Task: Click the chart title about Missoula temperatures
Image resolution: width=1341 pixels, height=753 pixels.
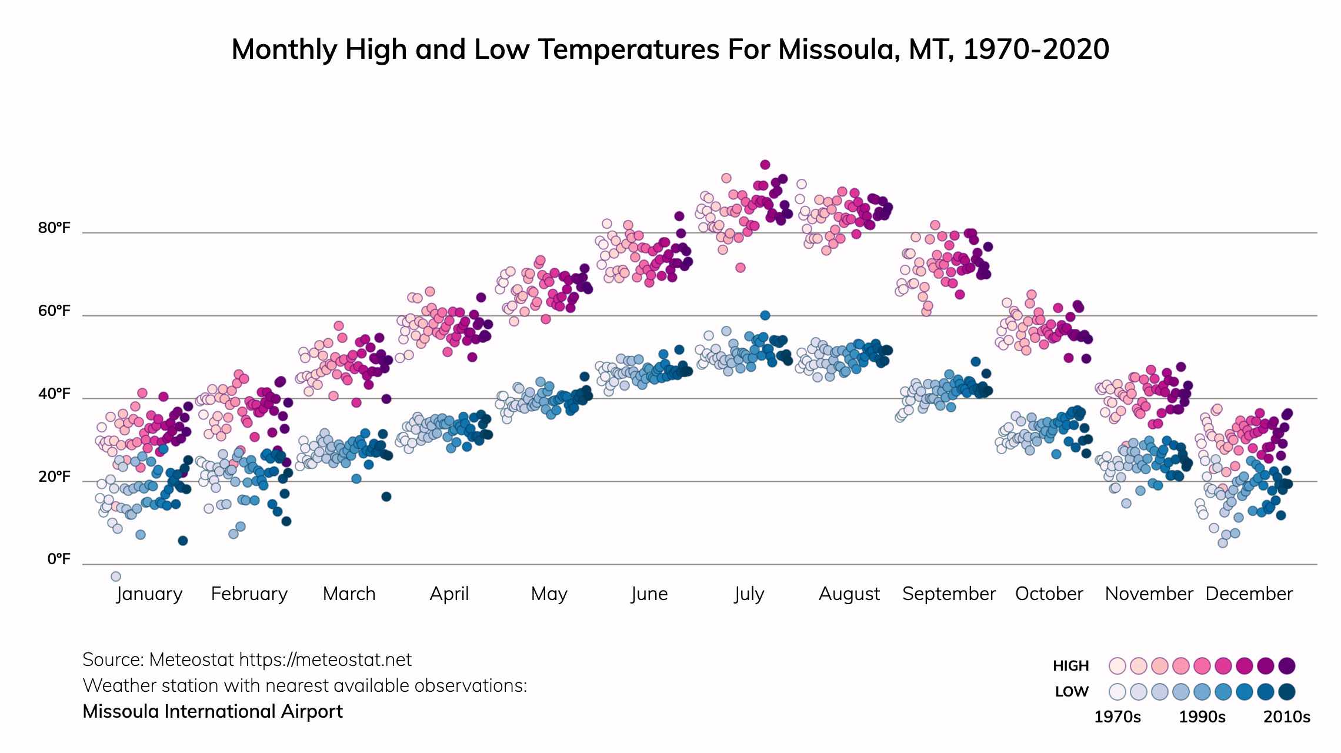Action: click(670, 49)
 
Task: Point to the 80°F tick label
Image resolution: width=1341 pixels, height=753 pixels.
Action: click(54, 228)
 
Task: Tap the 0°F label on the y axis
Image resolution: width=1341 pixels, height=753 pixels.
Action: click(59, 559)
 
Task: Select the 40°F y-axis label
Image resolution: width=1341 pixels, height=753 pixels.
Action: click(54, 394)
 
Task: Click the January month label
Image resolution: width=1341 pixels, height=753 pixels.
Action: click(149, 594)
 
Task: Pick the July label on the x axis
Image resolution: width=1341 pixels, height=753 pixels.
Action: click(749, 594)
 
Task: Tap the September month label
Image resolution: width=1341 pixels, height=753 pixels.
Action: click(949, 594)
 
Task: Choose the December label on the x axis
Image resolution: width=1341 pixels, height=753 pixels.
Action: click(1249, 594)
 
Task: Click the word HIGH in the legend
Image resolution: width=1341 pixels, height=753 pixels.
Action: click(1070, 666)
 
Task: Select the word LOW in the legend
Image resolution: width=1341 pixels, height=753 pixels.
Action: click(1072, 692)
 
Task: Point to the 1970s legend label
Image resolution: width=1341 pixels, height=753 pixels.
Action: click(1117, 717)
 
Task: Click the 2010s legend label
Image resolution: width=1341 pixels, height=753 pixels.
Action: click(1287, 717)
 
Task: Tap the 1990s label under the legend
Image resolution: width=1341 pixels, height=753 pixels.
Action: click(1202, 717)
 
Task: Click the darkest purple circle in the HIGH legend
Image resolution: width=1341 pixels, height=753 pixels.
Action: click(1287, 666)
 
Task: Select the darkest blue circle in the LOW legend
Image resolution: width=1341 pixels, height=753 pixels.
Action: click(1287, 692)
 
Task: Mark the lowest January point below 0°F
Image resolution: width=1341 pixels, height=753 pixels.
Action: click(116, 577)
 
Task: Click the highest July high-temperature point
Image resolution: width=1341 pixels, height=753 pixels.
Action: click(765, 165)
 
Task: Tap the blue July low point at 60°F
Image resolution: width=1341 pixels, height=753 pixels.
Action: click(765, 315)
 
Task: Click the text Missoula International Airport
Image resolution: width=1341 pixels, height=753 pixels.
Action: click(212, 712)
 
